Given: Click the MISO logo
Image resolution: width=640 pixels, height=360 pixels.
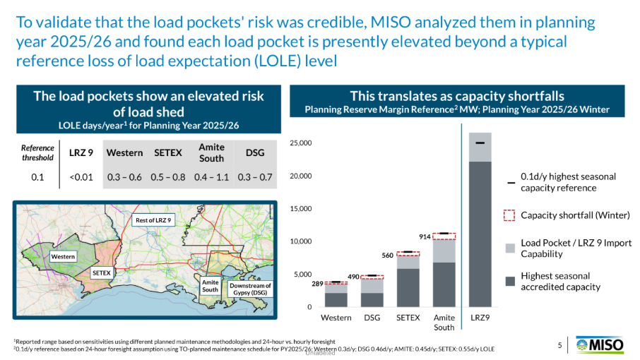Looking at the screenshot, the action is pos(600,345).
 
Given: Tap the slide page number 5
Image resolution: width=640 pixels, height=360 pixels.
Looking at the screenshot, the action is pos(559,345).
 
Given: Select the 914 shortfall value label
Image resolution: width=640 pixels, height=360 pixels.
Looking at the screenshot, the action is pos(425,236).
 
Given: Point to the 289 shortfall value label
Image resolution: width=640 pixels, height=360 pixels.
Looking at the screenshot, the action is pos(318,284).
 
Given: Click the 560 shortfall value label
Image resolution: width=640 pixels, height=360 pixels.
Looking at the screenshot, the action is pos(387,256).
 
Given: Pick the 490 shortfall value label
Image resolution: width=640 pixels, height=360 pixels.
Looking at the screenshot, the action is pos(353,277).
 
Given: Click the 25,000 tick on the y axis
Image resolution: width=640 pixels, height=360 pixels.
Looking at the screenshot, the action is pos(301,143).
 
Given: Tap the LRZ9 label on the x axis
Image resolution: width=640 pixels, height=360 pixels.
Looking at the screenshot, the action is pos(480,318).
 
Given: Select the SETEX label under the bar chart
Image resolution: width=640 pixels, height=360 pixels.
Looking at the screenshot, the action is pos(408,318).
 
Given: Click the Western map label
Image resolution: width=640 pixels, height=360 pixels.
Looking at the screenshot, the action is pos(63,256).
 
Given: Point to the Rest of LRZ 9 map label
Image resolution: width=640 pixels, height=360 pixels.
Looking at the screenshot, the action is pos(153,220).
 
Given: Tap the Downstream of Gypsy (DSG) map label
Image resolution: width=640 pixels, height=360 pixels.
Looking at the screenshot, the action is pos(250,289).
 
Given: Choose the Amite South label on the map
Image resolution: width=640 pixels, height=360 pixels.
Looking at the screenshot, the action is pos(211,286).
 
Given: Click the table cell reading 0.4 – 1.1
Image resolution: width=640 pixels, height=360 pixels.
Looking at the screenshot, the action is pos(211,177).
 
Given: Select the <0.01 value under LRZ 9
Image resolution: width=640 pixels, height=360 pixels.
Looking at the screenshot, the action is pos(81,177).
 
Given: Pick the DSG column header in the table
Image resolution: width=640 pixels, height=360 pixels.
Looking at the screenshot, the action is pos(255,153).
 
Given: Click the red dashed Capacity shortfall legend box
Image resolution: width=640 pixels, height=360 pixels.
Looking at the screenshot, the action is pos(509,215).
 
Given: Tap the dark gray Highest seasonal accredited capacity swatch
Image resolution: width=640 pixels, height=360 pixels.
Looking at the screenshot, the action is pos(510,282).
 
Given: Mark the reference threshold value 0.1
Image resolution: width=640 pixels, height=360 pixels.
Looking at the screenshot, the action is pos(37,177).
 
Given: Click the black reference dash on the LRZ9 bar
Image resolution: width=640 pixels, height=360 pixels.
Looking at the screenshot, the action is pos(480,143).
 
